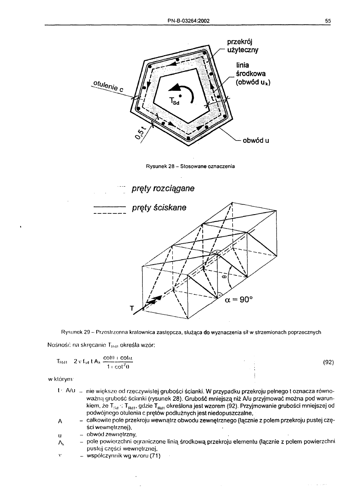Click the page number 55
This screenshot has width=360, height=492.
pyautogui.click(x=328, y=21)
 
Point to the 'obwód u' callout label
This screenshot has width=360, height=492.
pyautogui.click(x=256, y=140)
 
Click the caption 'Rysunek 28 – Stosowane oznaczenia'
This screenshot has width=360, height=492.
pyautogui.click(x=190, y=166)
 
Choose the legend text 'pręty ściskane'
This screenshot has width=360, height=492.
pyautogui.click(x=159, y=208)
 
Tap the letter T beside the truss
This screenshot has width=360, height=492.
pyautogui.click(x=132, y=309)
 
